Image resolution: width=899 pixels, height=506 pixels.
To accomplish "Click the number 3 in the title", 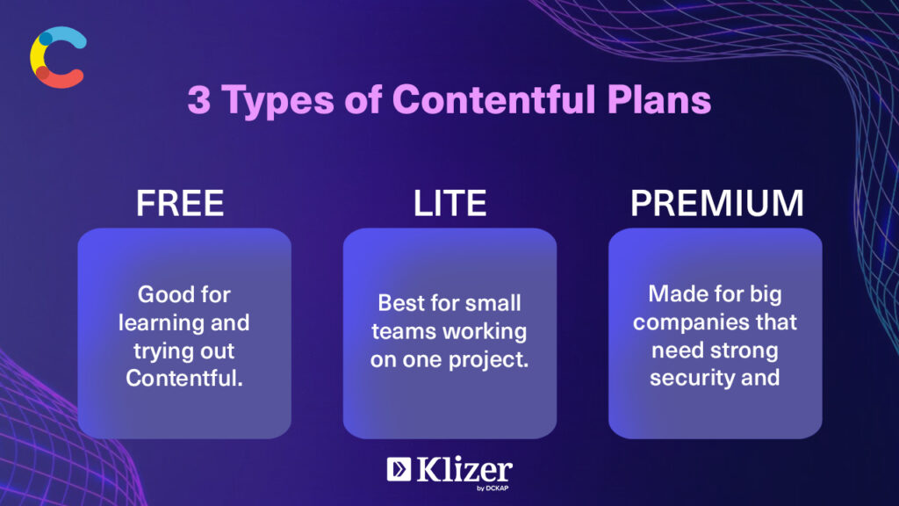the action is click(199, 100).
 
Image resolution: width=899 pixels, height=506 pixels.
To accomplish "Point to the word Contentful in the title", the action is click(493, 99).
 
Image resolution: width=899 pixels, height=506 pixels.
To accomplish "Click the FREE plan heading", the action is click(180, 203).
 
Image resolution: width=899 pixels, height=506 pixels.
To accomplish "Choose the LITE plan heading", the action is click(450, 203).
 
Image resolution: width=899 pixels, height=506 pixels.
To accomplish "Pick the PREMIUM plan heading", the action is click(716, 203).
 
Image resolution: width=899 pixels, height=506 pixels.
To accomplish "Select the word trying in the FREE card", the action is click(158, 351).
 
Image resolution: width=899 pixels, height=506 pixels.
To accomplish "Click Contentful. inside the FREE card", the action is click(184, 378).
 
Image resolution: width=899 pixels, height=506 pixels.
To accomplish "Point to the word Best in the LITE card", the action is click(399, 303).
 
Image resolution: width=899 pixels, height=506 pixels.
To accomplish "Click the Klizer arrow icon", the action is click(399, 469).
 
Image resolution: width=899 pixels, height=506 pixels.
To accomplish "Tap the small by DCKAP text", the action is click(493, 488).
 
